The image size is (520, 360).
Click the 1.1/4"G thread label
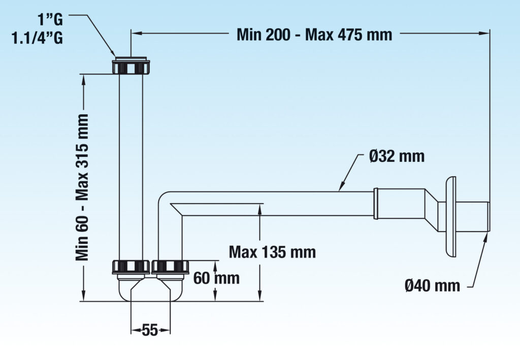click(38, 39)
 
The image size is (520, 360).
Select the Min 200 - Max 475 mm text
click(314, 35)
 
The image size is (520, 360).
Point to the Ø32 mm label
click(397, 156)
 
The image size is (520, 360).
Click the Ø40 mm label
click(433, 286)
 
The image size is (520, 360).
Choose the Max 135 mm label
click(272, 251)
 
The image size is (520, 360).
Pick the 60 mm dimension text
click(216, 278)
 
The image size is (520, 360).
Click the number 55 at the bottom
click(149, 331)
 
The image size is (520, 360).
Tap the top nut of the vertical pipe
click(131, 67)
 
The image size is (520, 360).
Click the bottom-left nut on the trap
click(130, 267)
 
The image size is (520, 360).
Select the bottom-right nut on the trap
click(170, 267)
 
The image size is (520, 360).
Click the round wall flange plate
click(450, 216)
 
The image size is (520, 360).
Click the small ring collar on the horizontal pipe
click(376, 204)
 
